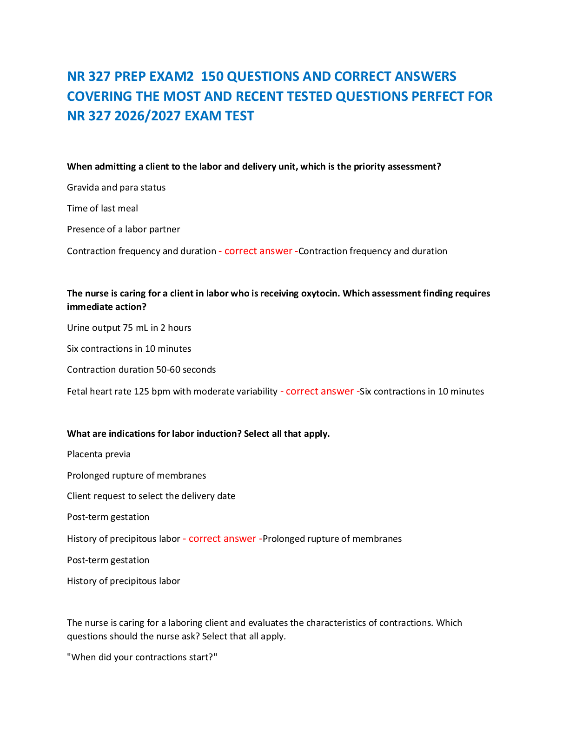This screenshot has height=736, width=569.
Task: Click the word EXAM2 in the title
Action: point(171,77)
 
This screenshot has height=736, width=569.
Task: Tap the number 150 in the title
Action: point(212,77)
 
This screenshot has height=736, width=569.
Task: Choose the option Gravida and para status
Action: point(116,187)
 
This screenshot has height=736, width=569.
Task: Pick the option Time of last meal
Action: point(102,208)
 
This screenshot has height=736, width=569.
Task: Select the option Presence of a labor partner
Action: point(123,229)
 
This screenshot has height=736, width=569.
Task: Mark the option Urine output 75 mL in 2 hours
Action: point(129,328)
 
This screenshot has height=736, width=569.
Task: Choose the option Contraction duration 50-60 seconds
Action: point(141,369)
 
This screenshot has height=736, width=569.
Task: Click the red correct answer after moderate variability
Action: point(319,392)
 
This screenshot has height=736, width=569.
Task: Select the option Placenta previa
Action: point(99,454)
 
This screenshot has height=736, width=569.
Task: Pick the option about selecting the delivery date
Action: point(151,496)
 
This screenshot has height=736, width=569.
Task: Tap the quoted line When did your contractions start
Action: point(142,657)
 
